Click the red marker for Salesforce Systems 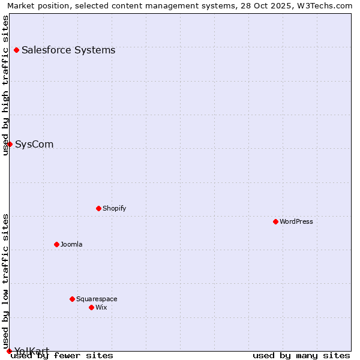(16, 50)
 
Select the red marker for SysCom (10, 144)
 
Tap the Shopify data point (98, 208)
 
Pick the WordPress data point (275, 221)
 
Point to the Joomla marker (56, 244)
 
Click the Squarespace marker (72, 299)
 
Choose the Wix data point (91, 307)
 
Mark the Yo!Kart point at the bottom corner (9, 351)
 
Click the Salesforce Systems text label (68, 50)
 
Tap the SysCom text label (34, 144)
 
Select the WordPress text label (296, 221)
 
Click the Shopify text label (115, 208)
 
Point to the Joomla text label (71, 244)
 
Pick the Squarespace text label (97, 299)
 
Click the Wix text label (101, 307)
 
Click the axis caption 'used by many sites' (301, 355)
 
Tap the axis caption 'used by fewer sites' (62, 355)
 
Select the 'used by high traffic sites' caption (6, 85)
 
